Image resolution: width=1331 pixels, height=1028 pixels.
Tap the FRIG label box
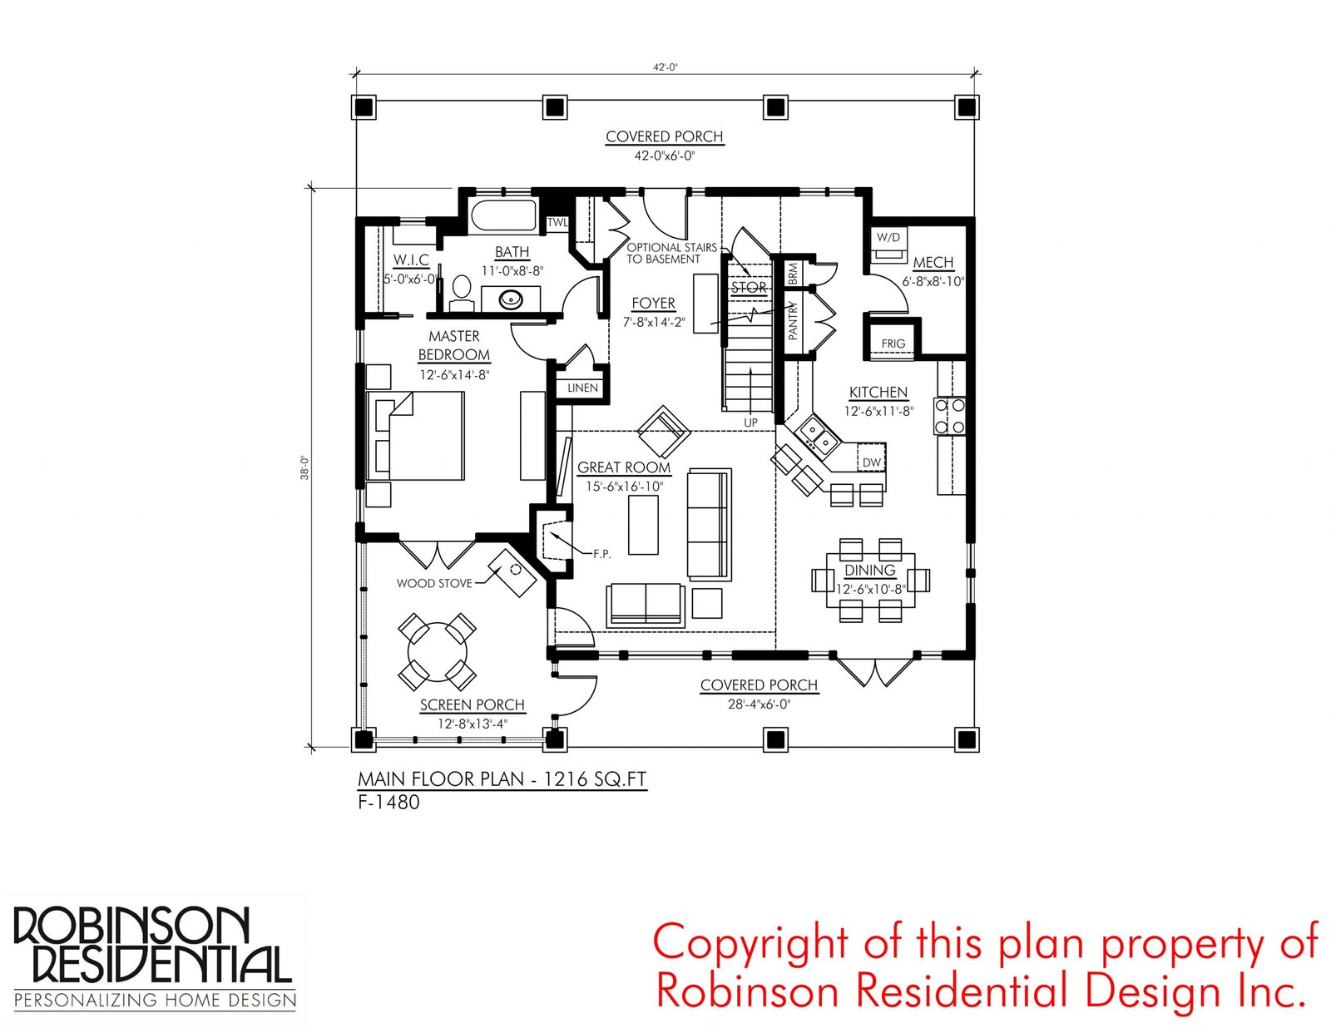tap(893, 343)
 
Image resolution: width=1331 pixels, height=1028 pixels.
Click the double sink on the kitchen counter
tap(818, 435)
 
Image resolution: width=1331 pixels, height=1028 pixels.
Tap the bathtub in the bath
tap(503, 216)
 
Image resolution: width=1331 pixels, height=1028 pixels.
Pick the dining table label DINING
tap(870, 570)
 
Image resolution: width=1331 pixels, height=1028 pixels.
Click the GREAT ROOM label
tap(624, 467)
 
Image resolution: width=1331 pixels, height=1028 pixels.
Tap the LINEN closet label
tap(582, 388)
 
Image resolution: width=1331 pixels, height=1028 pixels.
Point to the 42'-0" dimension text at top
tap(665, 68)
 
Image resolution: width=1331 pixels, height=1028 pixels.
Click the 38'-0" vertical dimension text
tap(304, 467)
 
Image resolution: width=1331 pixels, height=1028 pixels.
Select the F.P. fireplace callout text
tap(601, 554)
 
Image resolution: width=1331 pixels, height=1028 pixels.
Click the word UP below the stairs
tap(750, 423)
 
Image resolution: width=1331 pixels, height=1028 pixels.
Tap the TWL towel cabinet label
tap(557, 222)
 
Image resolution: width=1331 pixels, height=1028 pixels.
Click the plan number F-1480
tap(389, 802)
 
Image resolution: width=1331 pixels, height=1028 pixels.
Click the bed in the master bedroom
tap(415, 435)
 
